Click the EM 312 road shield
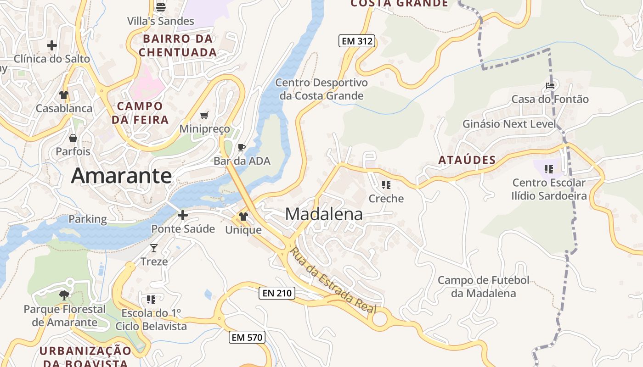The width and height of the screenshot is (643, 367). click(x=357, y=41)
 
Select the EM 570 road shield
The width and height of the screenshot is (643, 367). click(x=247, y=338)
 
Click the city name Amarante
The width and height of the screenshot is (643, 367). click(x=121, y=176)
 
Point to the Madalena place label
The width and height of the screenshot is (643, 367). click(x=324, y=214)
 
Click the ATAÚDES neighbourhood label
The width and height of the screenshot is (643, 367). click(x=467, y=160)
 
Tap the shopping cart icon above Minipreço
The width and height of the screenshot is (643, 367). click(x=204, y=115)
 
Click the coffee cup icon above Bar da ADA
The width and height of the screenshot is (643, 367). click(x=242, y=147)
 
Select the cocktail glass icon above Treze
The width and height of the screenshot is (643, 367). click(x=154, y=248)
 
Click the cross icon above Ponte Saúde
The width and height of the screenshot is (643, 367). click(x=183, y=215)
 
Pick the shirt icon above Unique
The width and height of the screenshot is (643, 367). click(x=243, y=217)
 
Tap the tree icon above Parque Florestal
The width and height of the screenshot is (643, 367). click(x=64, y=295)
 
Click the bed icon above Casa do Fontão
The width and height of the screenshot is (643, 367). click(x=550, y=85)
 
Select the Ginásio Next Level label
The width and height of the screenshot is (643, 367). click(x=509, y=124)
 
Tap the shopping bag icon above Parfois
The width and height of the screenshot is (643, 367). click(x=73, y=138)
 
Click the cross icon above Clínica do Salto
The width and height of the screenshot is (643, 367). click(x=51, y=45)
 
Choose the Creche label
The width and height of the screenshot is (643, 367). click(x=386, y=199)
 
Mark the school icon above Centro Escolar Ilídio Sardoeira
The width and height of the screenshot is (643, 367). click(x=548, y=169)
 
